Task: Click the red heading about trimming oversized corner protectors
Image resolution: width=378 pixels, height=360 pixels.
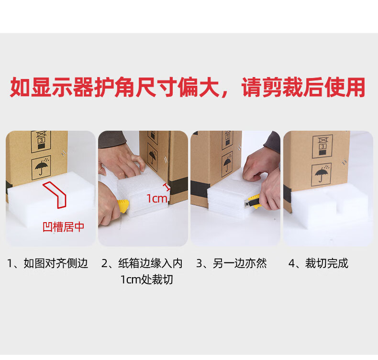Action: click(x=188, y=87)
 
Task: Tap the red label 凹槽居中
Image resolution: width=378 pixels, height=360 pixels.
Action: click(x=64, y=227)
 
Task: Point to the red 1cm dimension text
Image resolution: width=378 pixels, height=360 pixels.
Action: click(x=157, y=199)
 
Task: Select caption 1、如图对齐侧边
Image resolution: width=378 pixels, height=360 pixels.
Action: click(x=47, y=263)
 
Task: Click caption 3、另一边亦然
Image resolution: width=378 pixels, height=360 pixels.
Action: click(x=232, y=263)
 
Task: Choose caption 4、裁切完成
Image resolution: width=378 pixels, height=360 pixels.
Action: click(x=318, y=263)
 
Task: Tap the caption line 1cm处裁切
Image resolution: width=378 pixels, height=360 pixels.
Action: click(x=146, y=280)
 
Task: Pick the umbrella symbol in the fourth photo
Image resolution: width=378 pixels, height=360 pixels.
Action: click(x=321, y=174)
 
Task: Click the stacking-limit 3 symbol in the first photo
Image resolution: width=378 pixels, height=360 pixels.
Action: click(x=41, y=142)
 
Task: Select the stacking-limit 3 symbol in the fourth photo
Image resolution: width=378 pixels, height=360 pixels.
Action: click(x=322, y=146)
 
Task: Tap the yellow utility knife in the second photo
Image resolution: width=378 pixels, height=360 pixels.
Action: click(x=123, y=206)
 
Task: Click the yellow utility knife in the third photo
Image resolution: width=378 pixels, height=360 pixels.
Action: click(x=253, y=202)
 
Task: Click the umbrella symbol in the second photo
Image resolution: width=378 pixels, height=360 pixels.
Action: click(x=153, y=156)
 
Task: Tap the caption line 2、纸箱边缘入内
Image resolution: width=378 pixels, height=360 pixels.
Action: click(x=142, y=263)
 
